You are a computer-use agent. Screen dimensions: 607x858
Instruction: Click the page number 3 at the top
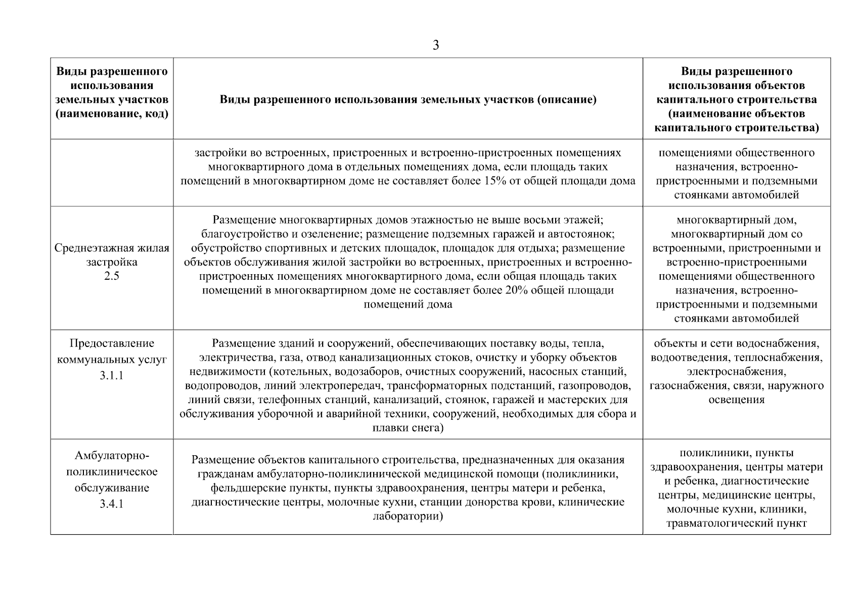click(436, 46)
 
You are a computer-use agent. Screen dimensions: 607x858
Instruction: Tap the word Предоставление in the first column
click(111, 343)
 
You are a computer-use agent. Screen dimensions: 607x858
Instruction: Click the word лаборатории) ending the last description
click(408, 516)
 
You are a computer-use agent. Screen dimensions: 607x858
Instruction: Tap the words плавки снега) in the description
click(408, 428)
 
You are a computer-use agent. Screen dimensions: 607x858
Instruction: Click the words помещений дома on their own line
click(408, 305)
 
